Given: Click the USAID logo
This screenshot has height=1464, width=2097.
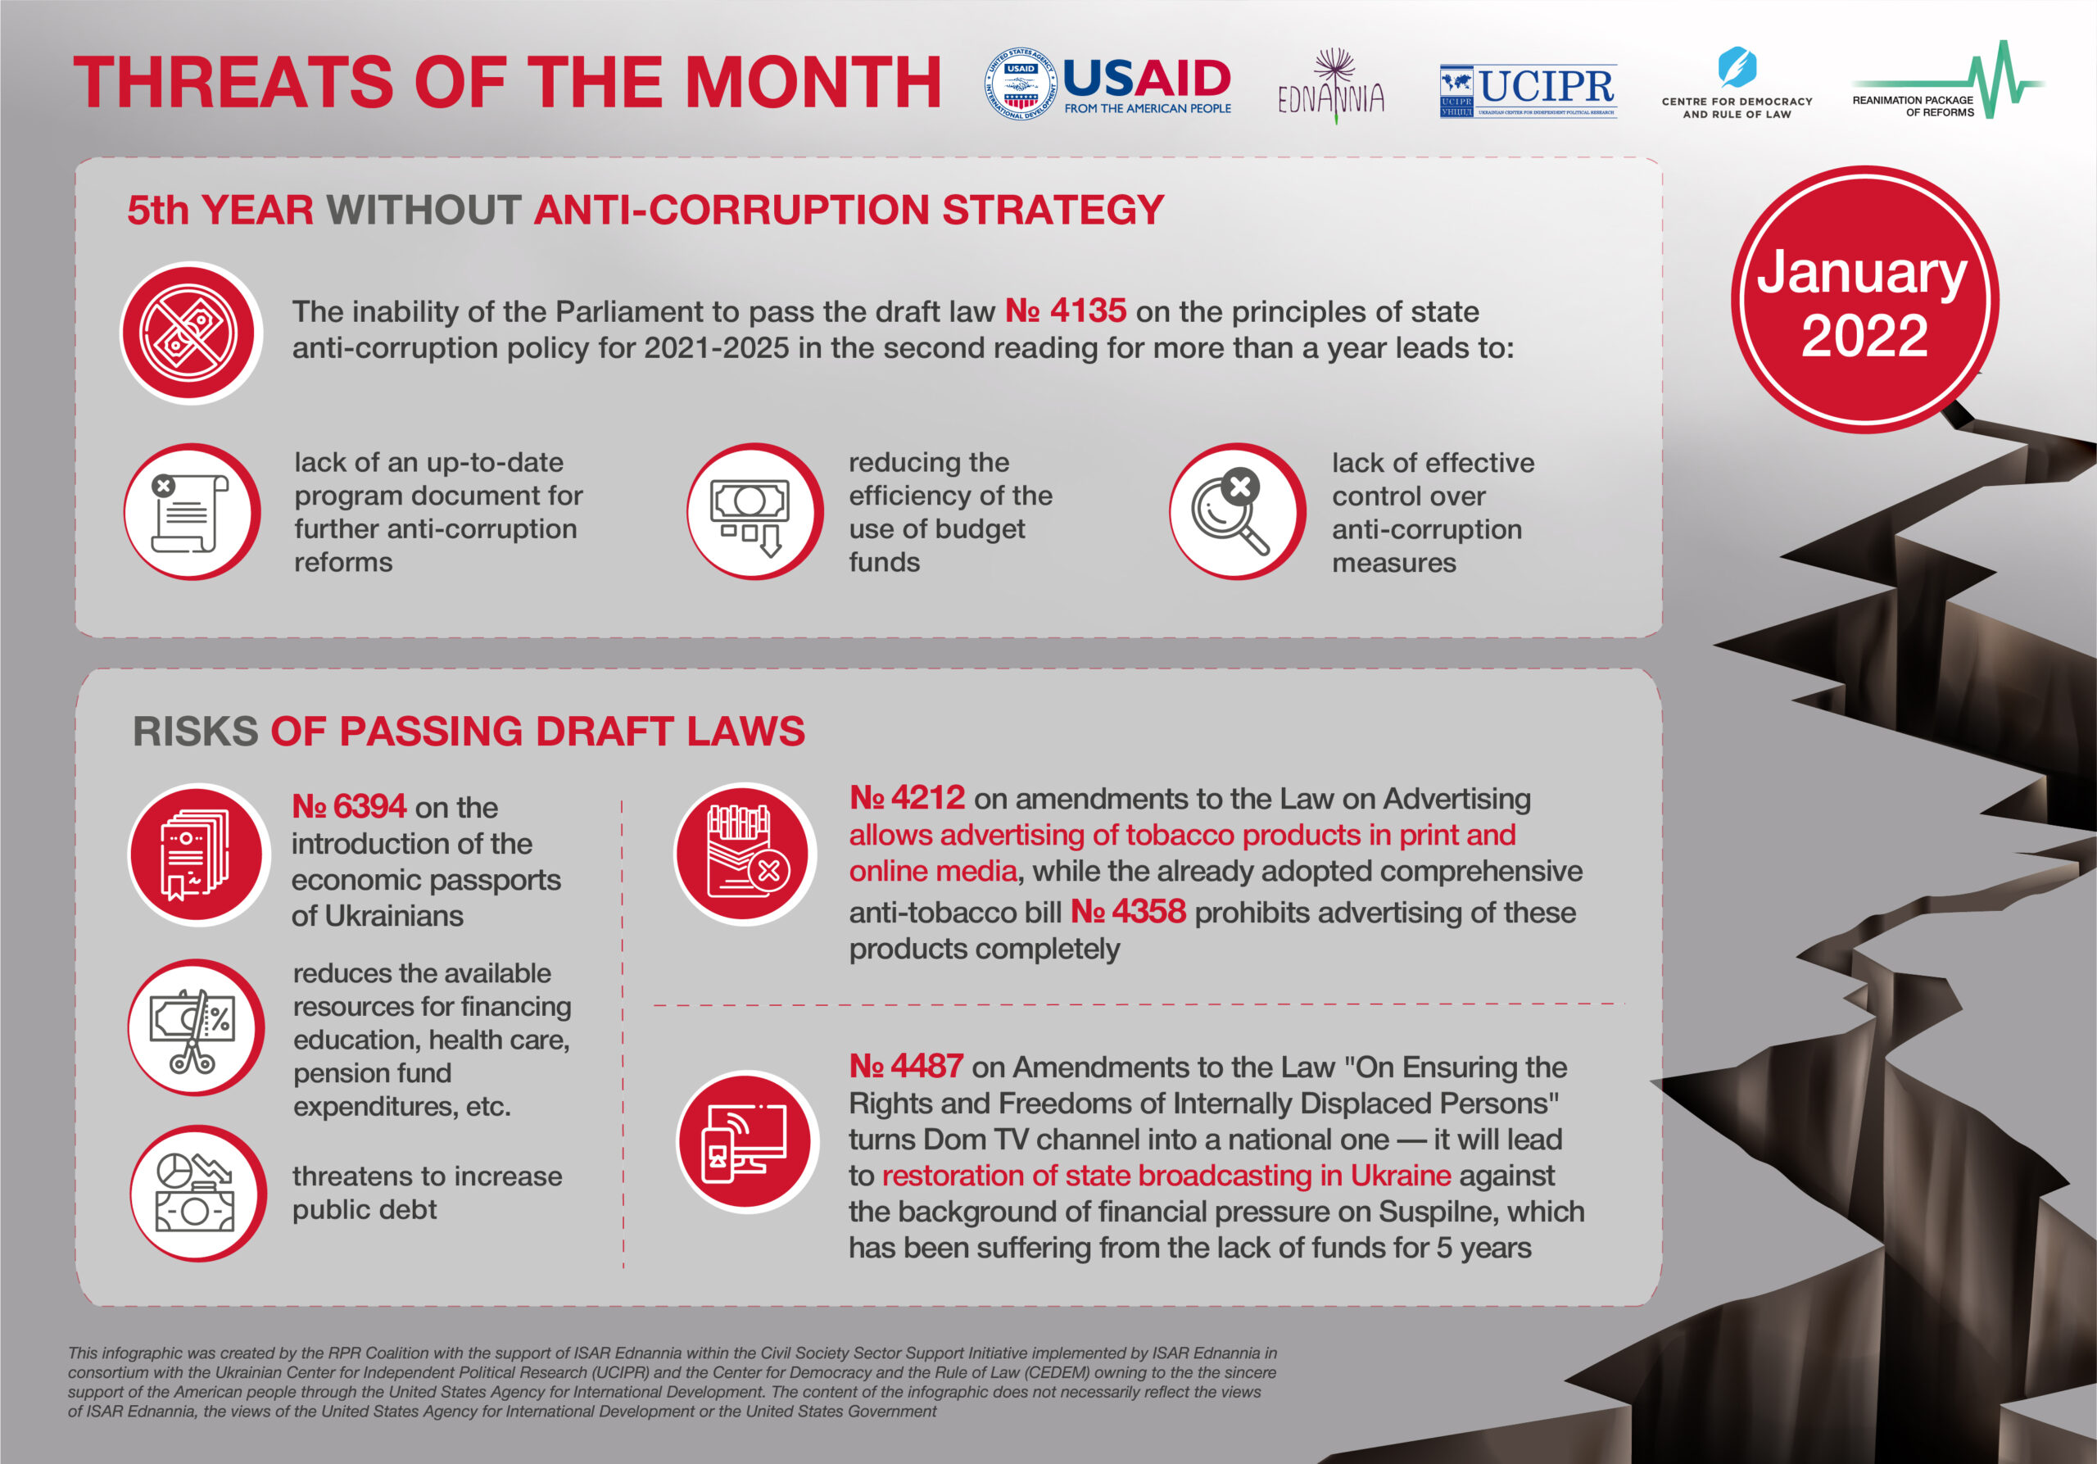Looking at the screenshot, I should [x=1107, y=83].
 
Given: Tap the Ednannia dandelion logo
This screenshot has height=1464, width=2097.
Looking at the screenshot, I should [x=1332, y=86].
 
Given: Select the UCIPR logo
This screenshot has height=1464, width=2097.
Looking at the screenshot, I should [x=1528, y=90].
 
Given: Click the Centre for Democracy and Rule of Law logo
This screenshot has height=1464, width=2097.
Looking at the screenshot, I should [x=1737, y=83].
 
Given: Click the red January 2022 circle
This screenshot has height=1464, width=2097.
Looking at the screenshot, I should [x=1864, y=301].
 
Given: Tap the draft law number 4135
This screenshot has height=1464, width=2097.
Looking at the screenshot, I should [x=1065, y=311].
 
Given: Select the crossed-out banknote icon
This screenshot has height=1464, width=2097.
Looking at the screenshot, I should [x=191, y=333].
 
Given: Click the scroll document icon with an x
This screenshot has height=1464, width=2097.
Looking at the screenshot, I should [x=192, y=511].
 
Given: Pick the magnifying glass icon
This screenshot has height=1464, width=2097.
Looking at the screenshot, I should [x=1237, y=511].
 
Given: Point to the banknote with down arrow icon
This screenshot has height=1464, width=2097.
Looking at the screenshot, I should [x=754, y=511].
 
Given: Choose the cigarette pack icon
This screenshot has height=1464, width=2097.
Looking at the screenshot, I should [x=745, y=854].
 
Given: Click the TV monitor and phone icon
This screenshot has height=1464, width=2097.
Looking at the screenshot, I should [x=747, y=1141].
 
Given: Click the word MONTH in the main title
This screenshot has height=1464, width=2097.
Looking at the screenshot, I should [x=813, y=82].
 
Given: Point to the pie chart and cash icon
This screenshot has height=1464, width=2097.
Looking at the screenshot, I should [x=197, y=1193].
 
